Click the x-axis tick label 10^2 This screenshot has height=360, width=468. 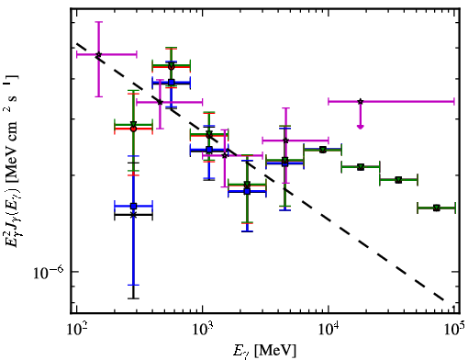tap(76, 331)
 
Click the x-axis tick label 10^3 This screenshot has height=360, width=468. tap(202, 331)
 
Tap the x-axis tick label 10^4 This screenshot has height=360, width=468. tap(329, 331)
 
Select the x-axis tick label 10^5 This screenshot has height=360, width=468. tap(454, 331)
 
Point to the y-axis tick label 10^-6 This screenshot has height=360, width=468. tap(49, 273)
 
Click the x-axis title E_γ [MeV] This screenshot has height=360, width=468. tap(264, 351)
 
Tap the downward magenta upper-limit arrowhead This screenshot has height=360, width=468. tap(361, 127)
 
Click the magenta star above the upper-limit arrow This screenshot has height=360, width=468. tap(361, 101)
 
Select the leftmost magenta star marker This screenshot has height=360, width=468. tap(98, 54)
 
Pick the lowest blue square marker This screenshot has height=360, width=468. tap(133, 206)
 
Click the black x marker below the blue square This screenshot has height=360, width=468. tap(133, 215)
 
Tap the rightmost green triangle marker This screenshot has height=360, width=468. tap(437, 208)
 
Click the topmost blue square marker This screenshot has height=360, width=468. tap(172, 82)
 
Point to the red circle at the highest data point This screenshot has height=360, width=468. tap(172, 67)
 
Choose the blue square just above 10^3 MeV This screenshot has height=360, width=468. tap(209, 150)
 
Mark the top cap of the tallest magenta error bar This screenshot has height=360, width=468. tap(98, 22)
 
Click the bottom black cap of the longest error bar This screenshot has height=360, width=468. tap(133, 298)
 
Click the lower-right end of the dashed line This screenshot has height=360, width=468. tap(443, 299)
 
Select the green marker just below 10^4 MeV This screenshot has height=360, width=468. tap(322, 150)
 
